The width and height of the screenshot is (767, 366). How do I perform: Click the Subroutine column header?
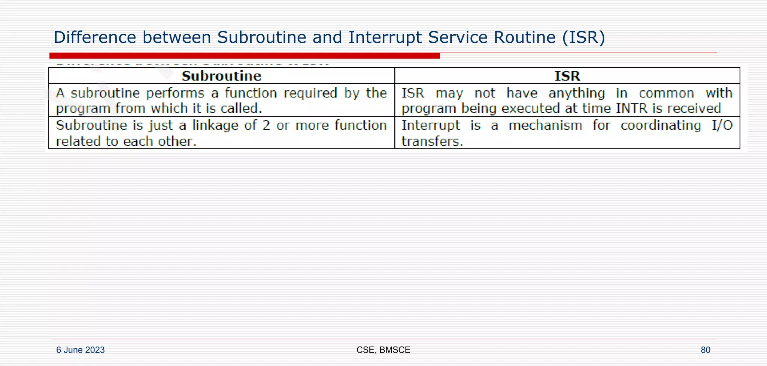221,76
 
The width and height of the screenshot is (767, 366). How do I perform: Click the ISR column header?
567,76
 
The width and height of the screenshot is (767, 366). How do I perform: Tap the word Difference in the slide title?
95,37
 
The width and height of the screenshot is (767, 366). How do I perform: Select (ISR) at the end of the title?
583,37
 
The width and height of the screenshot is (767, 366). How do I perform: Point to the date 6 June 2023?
81,350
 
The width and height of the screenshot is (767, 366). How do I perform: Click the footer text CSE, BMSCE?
383,350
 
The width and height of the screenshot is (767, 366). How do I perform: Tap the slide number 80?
705,350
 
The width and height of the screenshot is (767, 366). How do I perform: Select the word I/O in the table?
722,125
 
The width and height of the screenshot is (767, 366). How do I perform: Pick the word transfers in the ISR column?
432,141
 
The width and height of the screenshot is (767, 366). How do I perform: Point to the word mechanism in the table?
545,125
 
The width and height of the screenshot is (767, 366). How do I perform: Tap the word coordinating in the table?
661,125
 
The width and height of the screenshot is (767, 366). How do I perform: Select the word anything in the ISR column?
577,93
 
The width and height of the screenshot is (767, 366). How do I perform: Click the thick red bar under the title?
245,56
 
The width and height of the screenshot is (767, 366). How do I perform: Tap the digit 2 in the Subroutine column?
266,125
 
